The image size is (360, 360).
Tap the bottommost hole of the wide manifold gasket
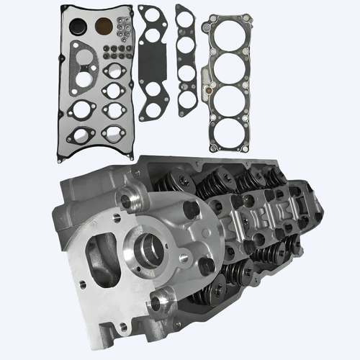click(x=153, y=110)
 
